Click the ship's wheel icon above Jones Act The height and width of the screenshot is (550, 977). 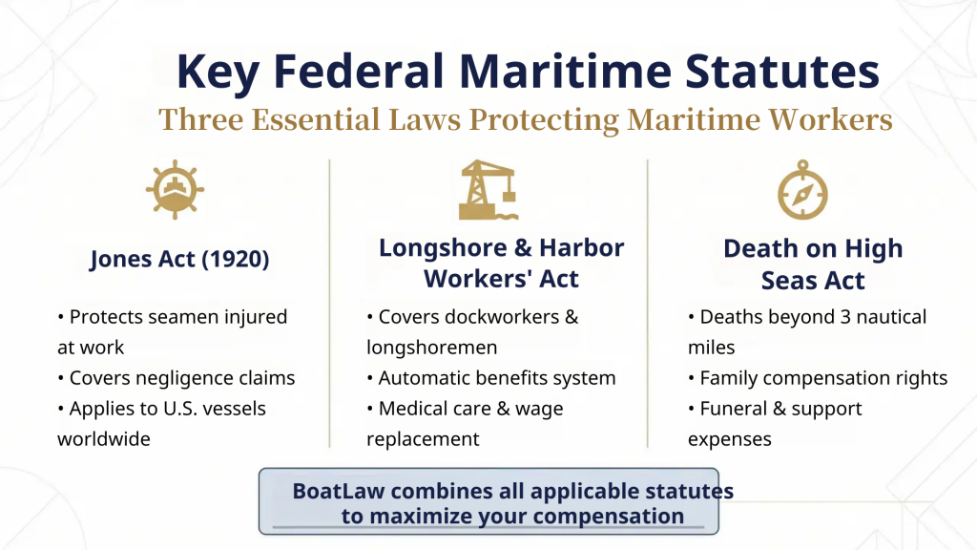[176, 189]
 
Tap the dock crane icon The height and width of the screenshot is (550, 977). [488, 189]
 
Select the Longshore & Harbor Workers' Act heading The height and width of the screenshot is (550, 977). [501, 263]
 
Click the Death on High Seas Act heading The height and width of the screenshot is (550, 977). [812, 264]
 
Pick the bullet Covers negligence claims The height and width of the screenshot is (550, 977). [177, 378]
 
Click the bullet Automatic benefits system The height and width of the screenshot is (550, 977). [491, 378]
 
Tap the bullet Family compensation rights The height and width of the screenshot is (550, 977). [818, 378]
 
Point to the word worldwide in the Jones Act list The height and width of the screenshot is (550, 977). [104, 439]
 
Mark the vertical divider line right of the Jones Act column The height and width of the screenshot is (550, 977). [330, 304]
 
